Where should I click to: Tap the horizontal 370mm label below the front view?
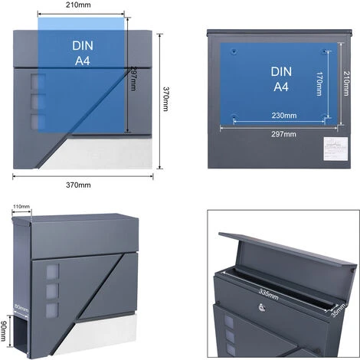click(78, 185)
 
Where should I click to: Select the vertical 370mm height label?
click(165, 99)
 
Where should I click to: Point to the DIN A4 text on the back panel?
click(281, 78)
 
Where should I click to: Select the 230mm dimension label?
click(283, 116)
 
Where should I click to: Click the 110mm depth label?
click(21, 207)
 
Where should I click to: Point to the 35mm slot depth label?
click(337, 308)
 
